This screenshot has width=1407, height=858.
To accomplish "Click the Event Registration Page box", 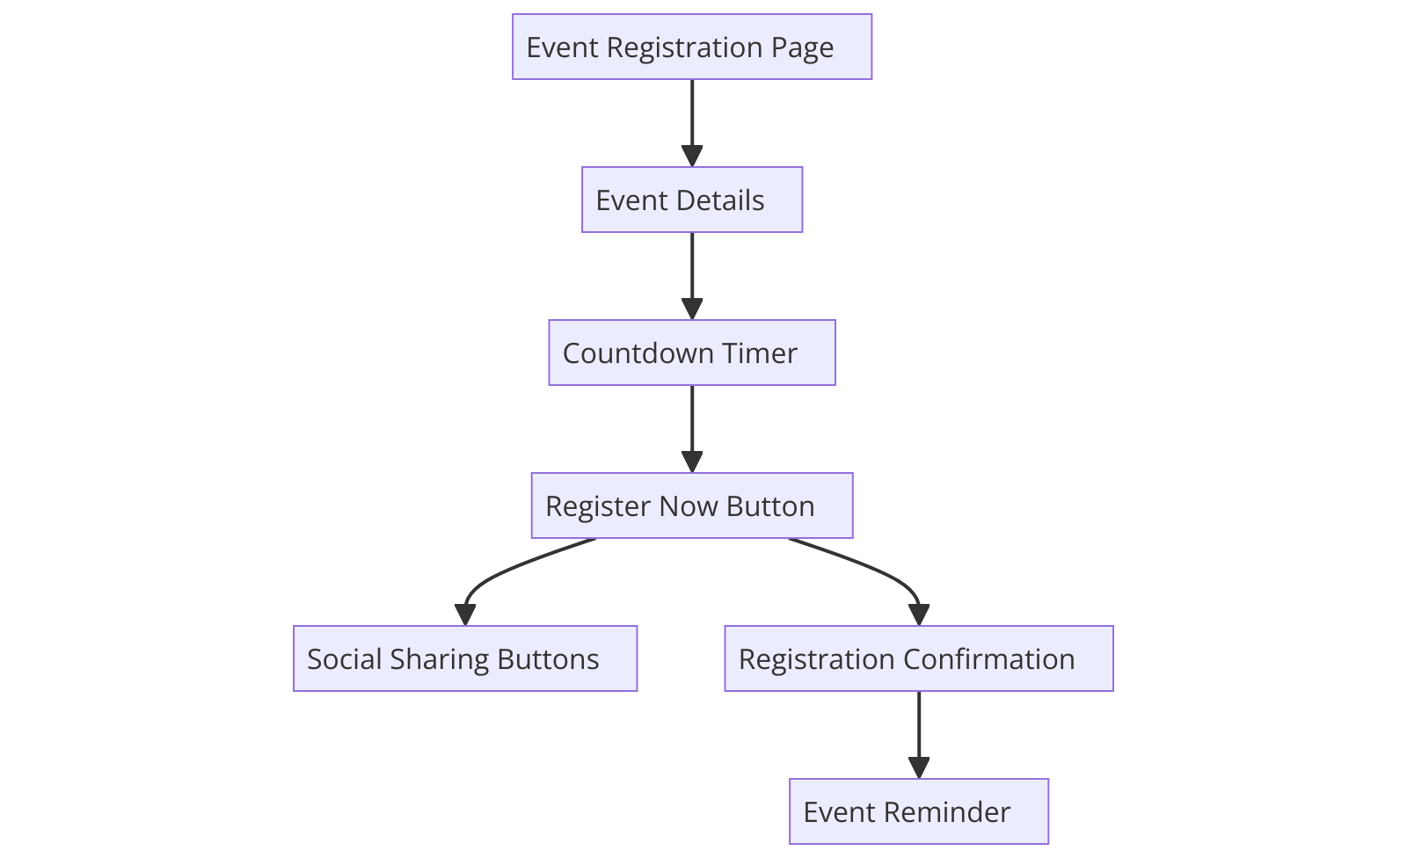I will point(692,47).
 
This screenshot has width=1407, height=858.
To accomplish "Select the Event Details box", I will point(692,200).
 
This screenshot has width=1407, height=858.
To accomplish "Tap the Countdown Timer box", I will point(692,353).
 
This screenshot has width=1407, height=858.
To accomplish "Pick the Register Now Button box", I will point(692,505).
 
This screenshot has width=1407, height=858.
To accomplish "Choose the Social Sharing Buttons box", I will point(465,658).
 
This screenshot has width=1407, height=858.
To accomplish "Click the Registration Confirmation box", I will point(919,658).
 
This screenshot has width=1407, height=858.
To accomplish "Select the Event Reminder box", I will point(919,811).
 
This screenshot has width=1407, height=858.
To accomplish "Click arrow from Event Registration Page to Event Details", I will point(692,119).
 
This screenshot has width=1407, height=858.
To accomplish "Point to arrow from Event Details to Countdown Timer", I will point(692,272).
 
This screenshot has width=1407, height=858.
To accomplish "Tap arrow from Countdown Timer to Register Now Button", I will point(692,425).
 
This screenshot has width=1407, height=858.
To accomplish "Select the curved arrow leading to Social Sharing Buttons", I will point(501,576).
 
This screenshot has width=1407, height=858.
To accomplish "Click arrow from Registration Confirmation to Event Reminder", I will point(919,730).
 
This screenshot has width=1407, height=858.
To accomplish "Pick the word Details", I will point(721,200).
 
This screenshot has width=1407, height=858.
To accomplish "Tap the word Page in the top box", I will point(802,47).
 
